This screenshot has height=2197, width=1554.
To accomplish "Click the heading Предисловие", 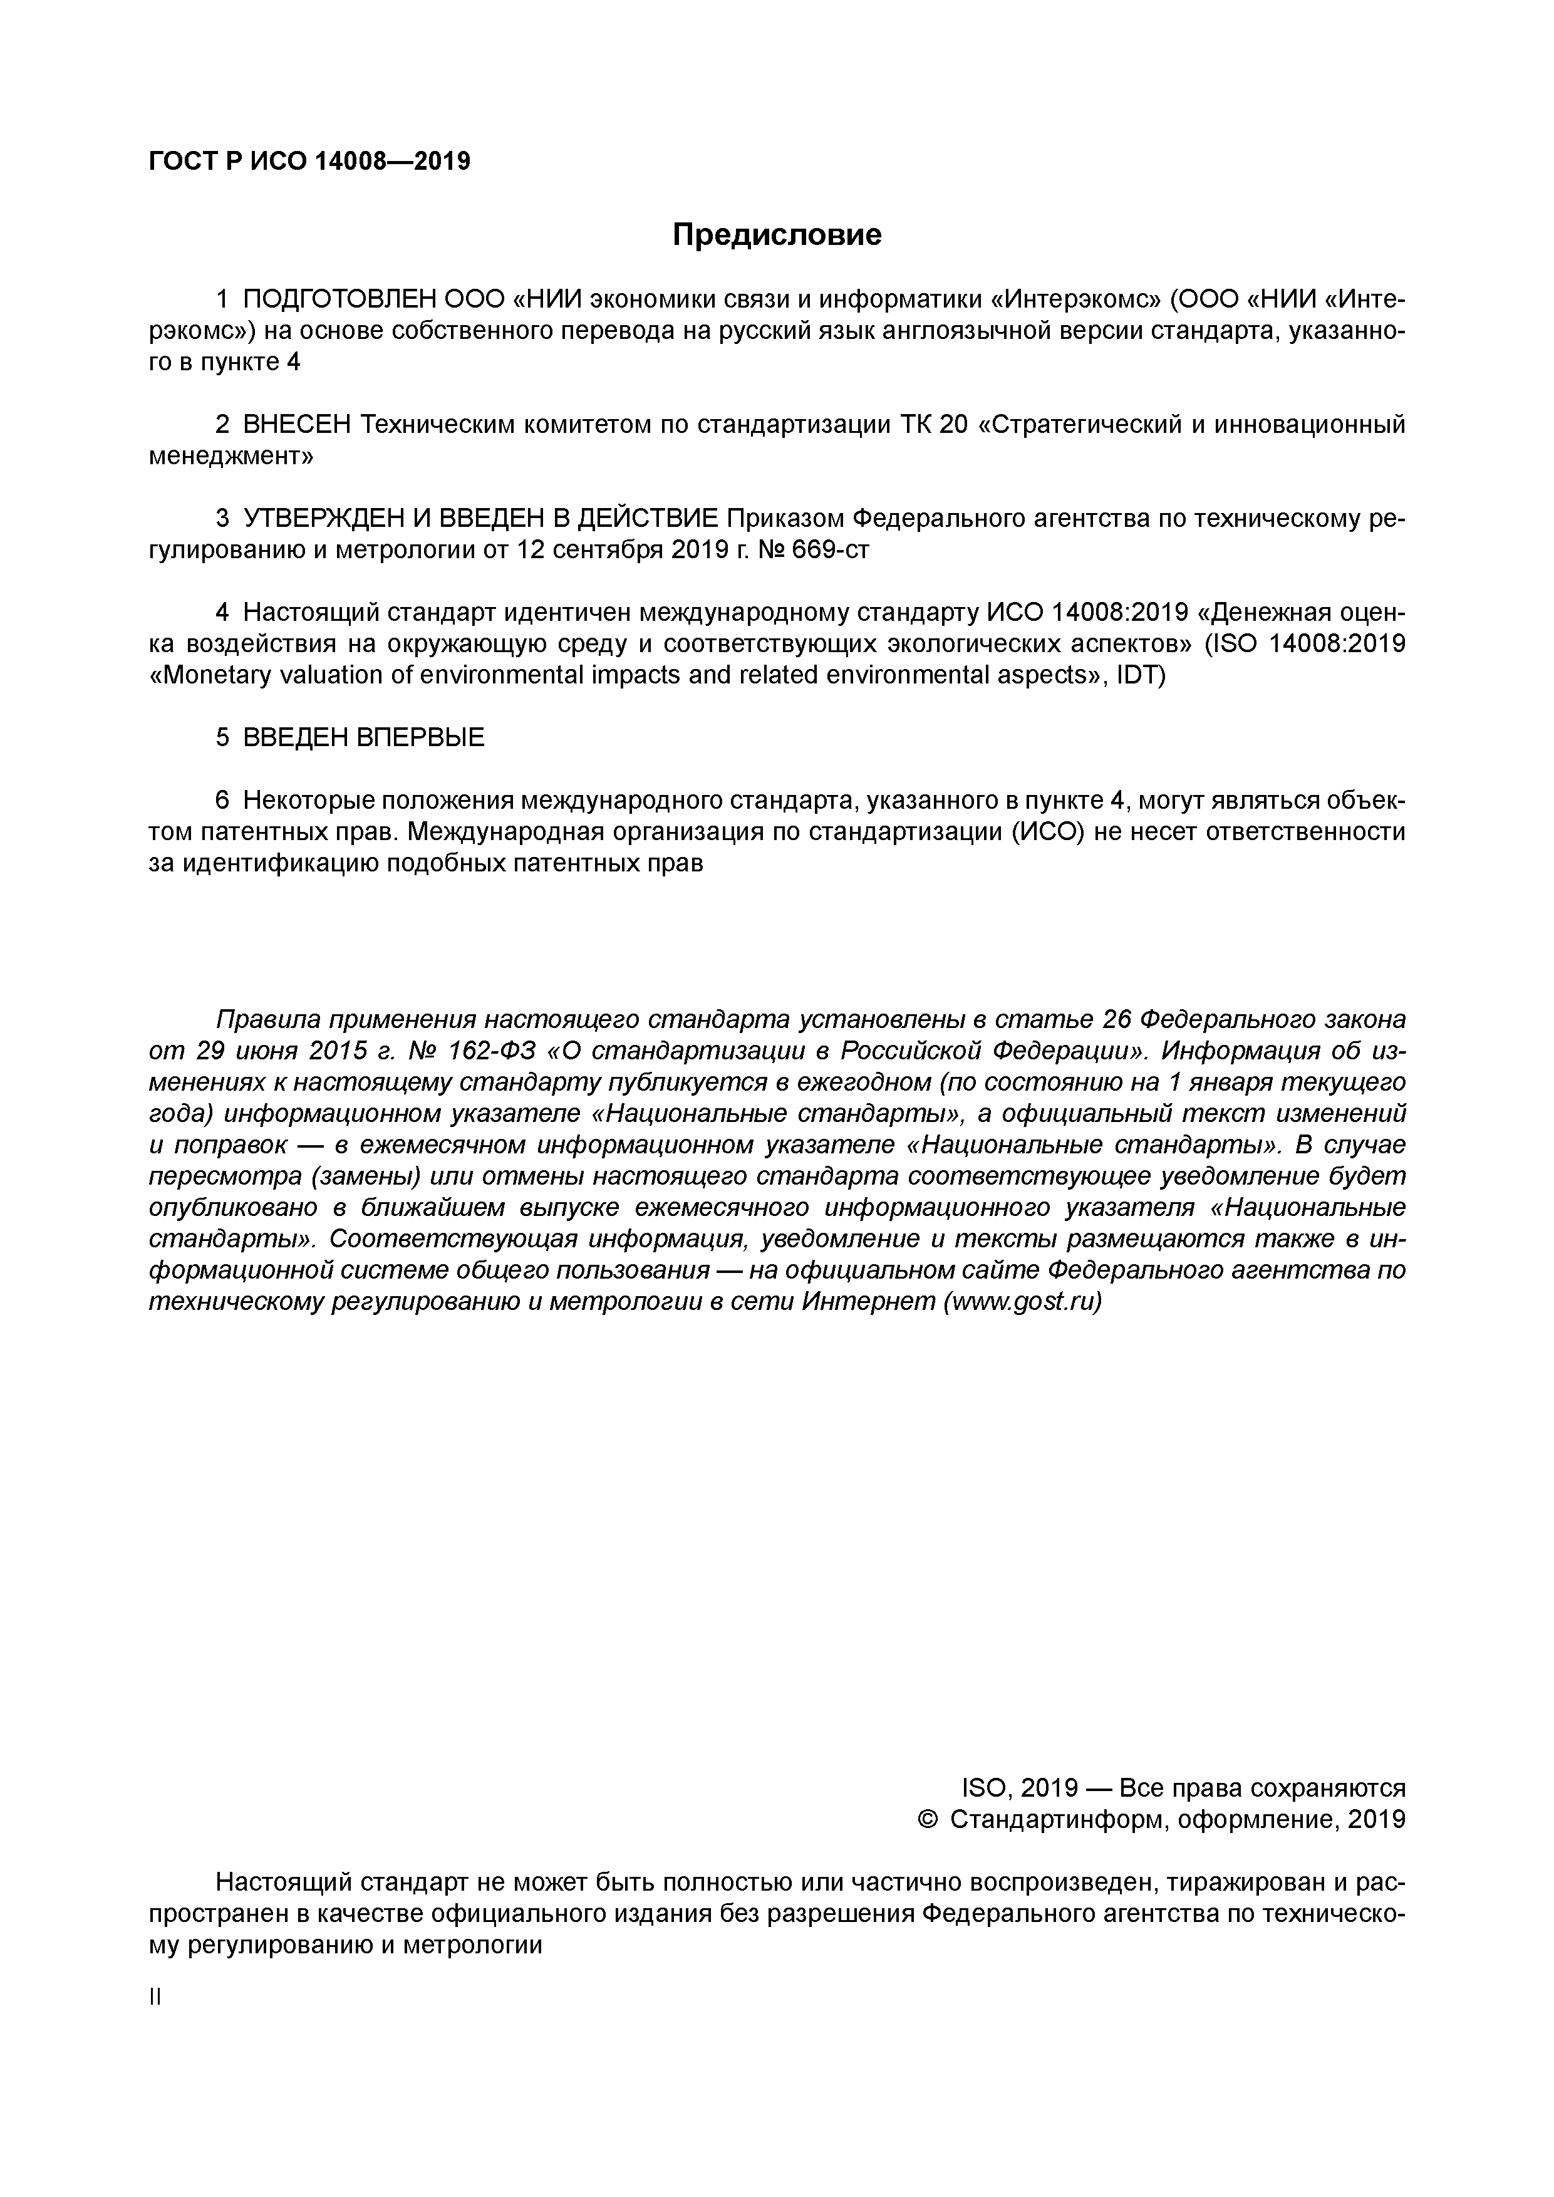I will [776, 234].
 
